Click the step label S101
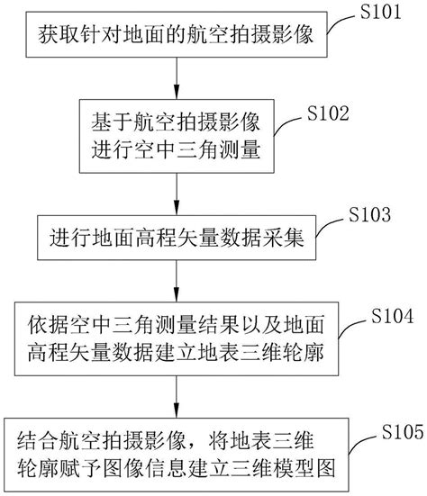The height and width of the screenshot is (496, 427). [x=381, y=12]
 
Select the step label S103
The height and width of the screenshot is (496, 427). [x=369, y=214]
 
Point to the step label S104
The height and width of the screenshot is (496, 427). [x=393, y=315]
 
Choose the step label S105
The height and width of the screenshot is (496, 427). [x=403, y=431]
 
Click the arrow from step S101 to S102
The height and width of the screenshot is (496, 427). [x=177, y=78]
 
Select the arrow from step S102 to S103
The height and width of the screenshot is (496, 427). [x=177, y=194]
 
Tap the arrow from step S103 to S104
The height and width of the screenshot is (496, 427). [x=177, y=281]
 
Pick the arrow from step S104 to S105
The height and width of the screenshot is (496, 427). [x=177, y=397]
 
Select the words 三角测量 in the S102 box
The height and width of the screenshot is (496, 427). [x=219, y=149]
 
